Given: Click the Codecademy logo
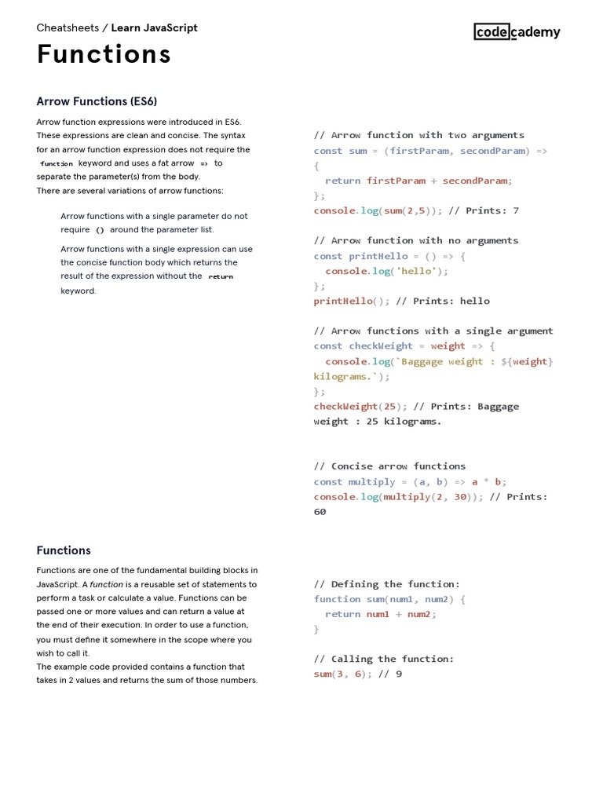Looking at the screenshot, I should point(517,31).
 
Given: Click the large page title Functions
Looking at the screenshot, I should point(104,54).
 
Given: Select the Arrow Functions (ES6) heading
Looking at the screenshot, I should point(97,101).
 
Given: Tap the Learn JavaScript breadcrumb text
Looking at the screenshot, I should point(155,27).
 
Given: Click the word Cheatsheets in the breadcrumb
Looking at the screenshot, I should point(68,27).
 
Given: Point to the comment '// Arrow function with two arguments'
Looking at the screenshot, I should point(418,135).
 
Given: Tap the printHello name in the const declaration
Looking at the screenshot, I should point(378,256).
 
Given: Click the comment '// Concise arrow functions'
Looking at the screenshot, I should point(389,466).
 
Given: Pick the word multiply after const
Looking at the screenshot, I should point(372,482).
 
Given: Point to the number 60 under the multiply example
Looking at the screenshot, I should point(320,512).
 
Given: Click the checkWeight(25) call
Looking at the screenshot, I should point(356,407).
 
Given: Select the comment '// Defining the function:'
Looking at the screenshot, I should point(386,584).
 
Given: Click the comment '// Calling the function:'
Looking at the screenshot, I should point(383,659).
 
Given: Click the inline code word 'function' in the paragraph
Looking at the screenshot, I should point(57,164).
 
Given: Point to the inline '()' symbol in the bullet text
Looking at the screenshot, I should point(100,230).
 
